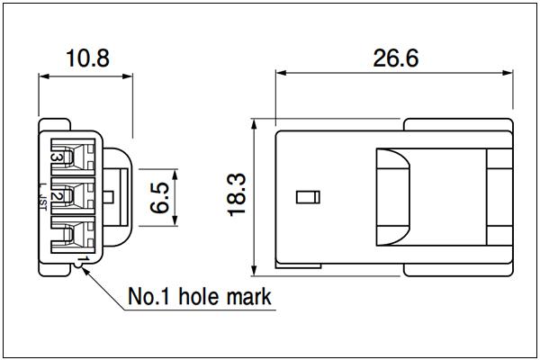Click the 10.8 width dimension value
(88, 58)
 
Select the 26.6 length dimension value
(396, 58)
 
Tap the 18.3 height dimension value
(237, 195)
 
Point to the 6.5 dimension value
(160, 198)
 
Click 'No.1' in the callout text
(148, 296)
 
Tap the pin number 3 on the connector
(57, 157)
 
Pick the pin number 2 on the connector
(57, 196)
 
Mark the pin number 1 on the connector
(84, 258)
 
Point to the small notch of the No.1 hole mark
(79, 265)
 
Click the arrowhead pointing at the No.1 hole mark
(85, 271)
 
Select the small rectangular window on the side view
(308, 197)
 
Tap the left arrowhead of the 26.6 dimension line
(281, 73)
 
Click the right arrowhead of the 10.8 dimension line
(128, 76)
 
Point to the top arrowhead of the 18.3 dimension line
(254, 124)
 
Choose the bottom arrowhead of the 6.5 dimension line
(175, 220)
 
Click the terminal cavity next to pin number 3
(73, 154)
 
